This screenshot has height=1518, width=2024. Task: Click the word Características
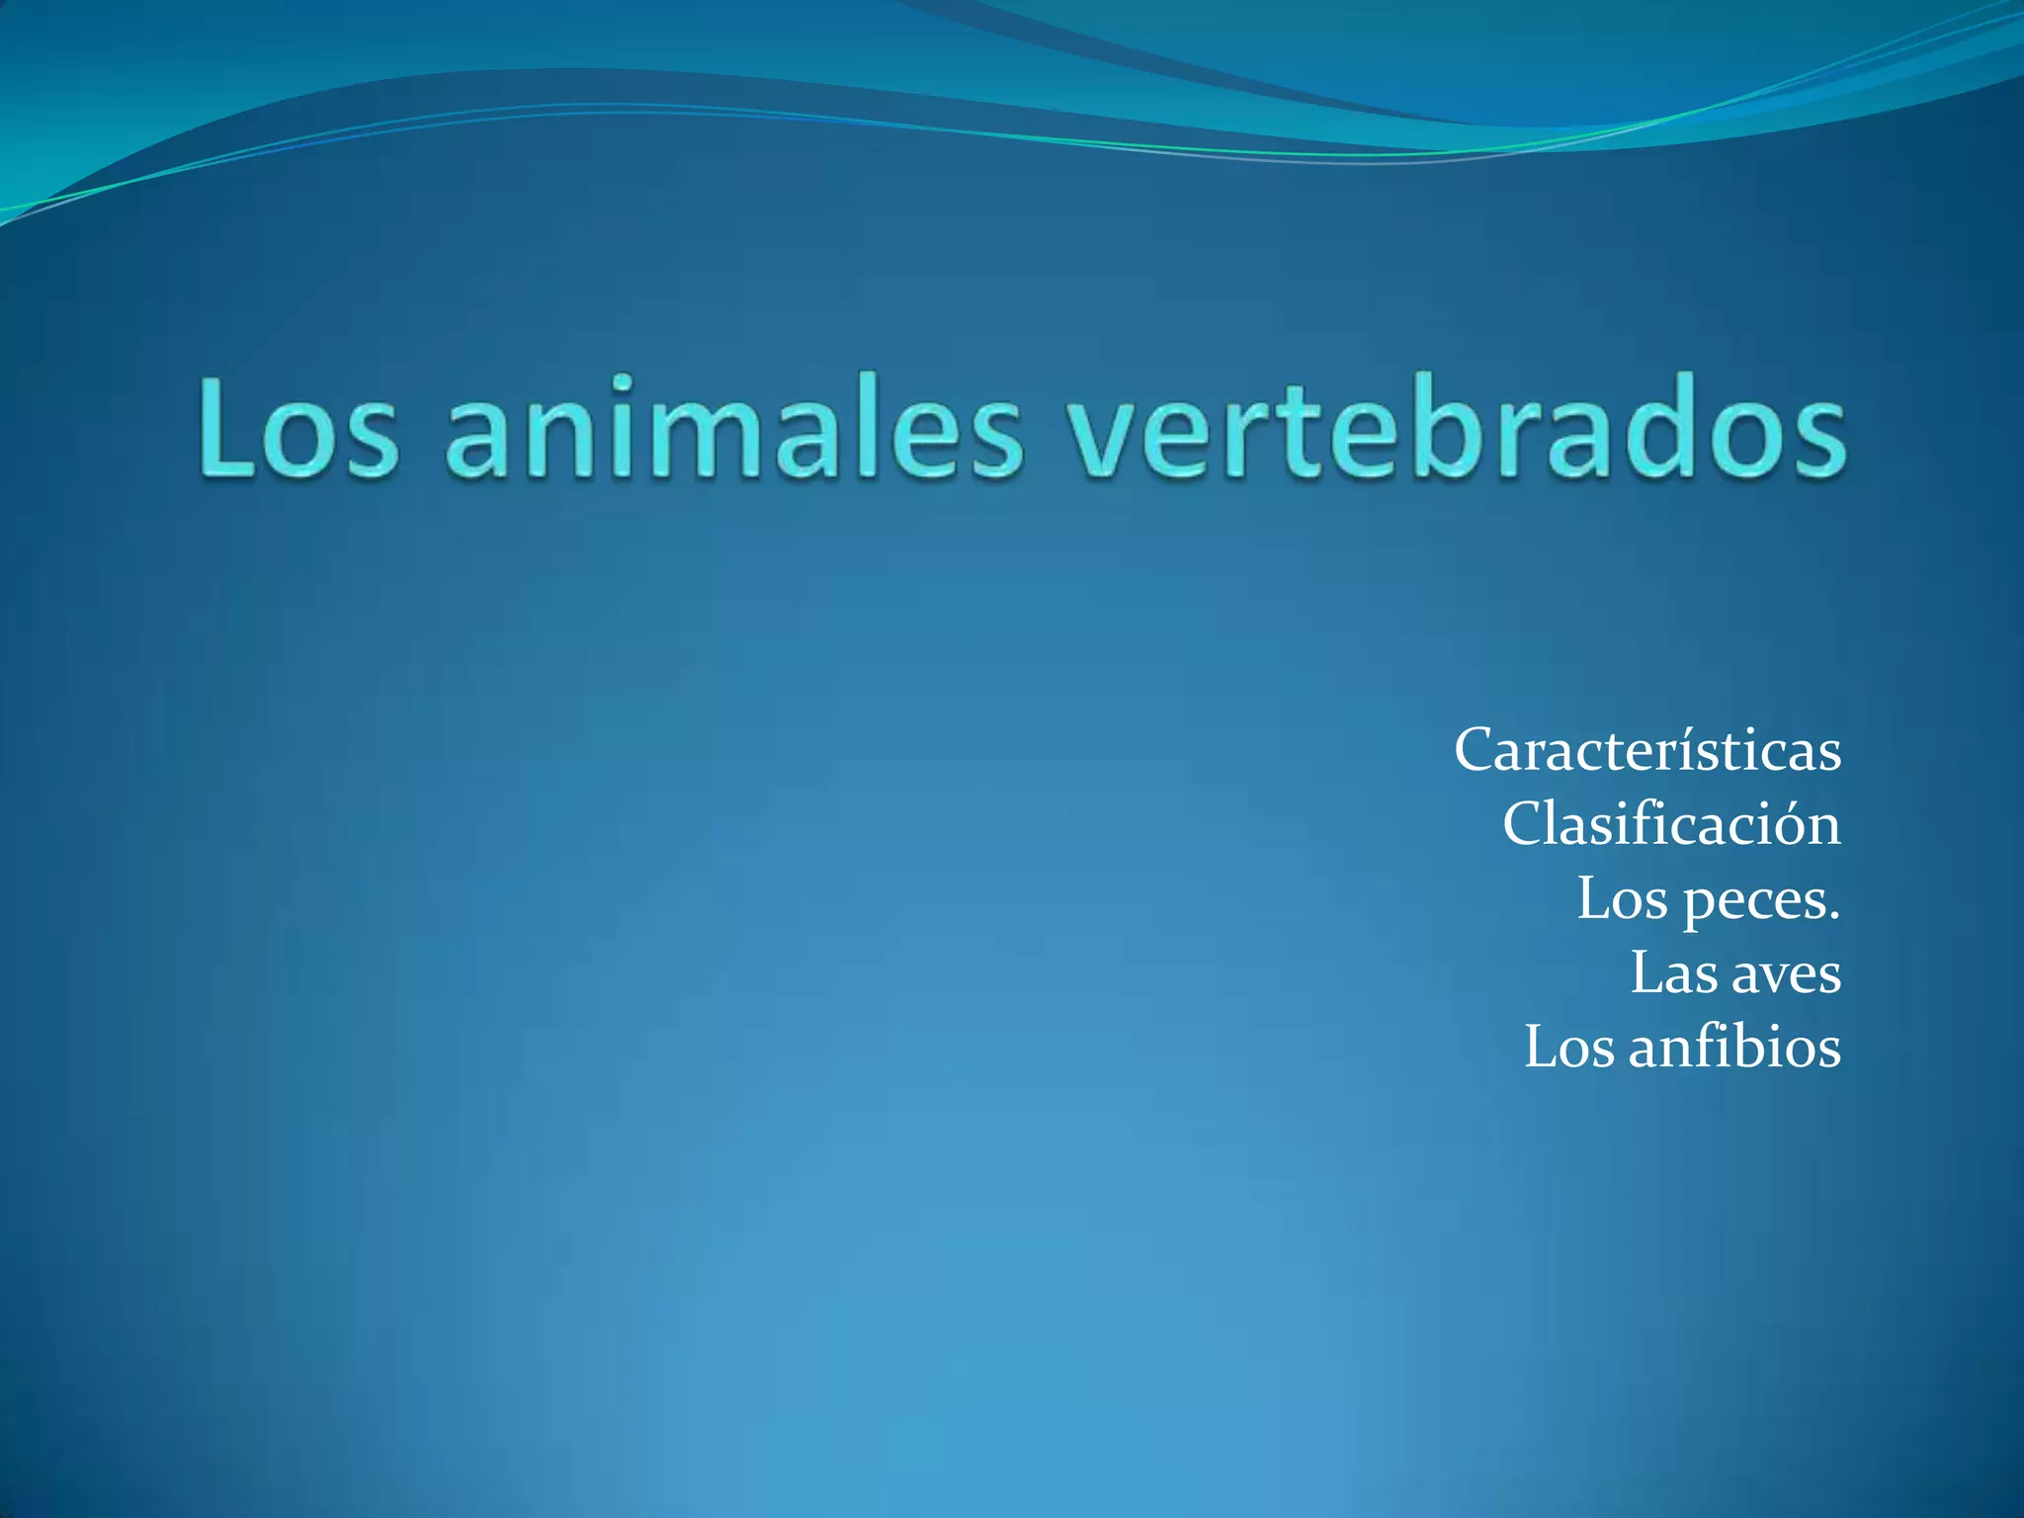pos(1647,751)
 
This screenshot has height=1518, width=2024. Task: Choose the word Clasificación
pos(1671,824)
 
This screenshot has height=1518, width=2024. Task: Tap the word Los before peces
pos(1622,899)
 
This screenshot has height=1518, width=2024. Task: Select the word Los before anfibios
pos(1568,1048)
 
